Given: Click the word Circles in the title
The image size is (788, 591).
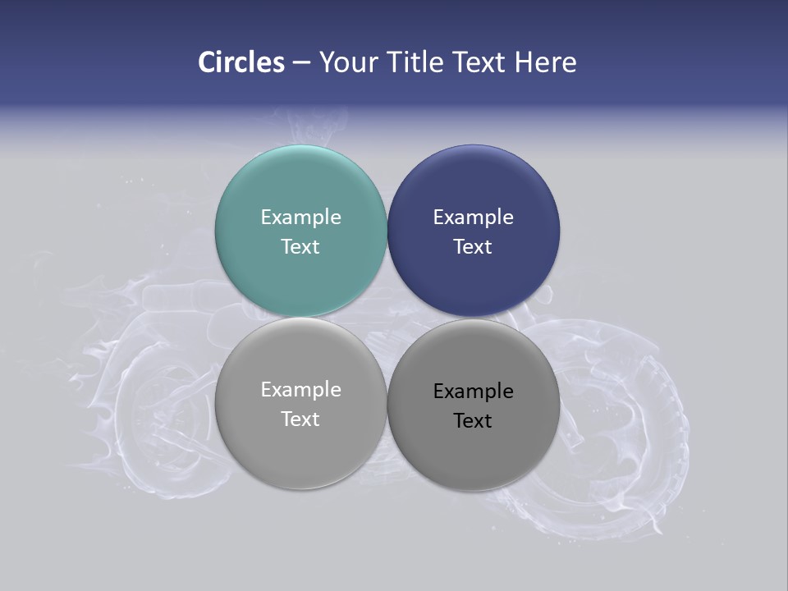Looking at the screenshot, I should (x=241, y=62).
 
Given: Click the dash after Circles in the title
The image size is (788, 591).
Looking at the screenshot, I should (x=301, y=63).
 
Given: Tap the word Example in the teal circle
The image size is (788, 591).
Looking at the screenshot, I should (x=300, y=218).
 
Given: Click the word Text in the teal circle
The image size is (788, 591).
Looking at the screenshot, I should (x=300, y=247).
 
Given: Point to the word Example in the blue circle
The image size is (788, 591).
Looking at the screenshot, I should (x=473, y=218).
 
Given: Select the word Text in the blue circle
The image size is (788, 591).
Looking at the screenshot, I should (x=473, y=247).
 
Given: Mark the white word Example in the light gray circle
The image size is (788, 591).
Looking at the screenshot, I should (x=300, y=390).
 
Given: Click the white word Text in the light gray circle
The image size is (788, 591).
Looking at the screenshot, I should (x=300, y=419).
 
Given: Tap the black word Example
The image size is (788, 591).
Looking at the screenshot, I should (x=473, y=392).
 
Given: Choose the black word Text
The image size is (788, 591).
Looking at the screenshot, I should (x=473, y=421).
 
